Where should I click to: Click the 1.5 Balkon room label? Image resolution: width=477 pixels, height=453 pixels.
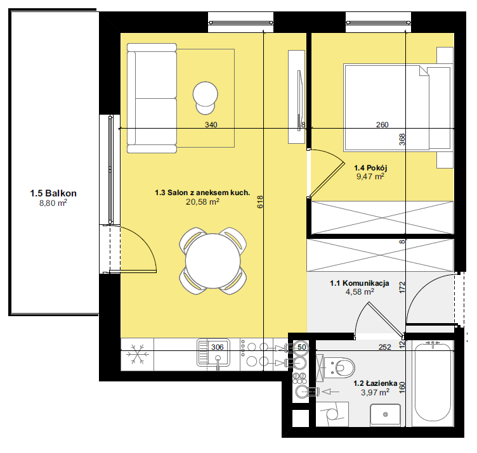click(x=53, y=193)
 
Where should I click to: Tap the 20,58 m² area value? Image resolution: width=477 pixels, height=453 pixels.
click(x=202, y=201)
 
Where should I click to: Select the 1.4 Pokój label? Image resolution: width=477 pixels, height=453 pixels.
click(x=370, y=168)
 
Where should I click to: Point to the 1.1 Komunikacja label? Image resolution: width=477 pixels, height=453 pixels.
click(x=360, y=283)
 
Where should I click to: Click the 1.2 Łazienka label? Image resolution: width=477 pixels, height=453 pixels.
click(x=376, y=383)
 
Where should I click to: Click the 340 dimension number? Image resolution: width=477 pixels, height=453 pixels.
click(x=211, y=125)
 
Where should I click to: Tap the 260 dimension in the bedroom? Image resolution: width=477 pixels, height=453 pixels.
click(x=382, y=125)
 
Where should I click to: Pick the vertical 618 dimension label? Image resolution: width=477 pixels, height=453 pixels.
click(x=260, y=201)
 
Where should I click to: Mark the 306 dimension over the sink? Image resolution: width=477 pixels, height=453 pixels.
click(x=217, y=347)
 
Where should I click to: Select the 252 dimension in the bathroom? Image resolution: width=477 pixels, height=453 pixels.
click(x=385, y=347)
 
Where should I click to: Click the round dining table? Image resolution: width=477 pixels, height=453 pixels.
click(x=213, y=261)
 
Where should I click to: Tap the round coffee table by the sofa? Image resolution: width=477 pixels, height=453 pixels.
click(x=206, y=94)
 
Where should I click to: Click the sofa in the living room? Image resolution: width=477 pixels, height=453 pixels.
click(x=152, y=98)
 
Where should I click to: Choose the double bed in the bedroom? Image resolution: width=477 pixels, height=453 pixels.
click(x=397, y=108)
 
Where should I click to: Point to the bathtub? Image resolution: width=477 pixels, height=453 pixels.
click(x=433, y=383)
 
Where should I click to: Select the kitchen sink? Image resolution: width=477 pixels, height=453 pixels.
click(x=213, y=353)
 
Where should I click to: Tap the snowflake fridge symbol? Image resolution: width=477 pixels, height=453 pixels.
click(x=138, y=354)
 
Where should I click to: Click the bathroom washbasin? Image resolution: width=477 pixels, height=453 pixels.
click(x=386, y=415)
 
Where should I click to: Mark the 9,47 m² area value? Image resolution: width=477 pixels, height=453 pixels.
click(x=370, y=177)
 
